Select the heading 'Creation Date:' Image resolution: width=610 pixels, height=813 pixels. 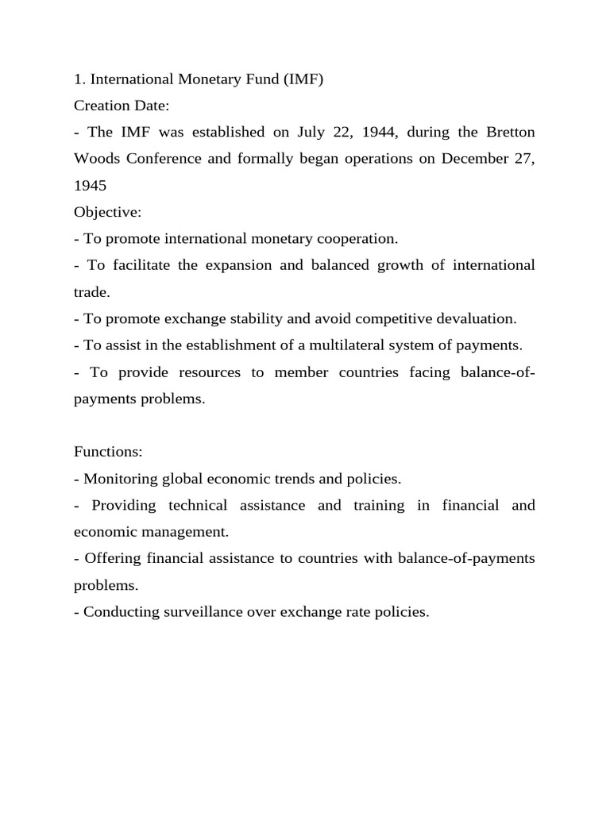[x=122, y=105]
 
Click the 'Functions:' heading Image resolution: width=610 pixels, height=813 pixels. [x=108, y=452]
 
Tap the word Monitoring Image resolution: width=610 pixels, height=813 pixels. [x=120, y=479]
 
